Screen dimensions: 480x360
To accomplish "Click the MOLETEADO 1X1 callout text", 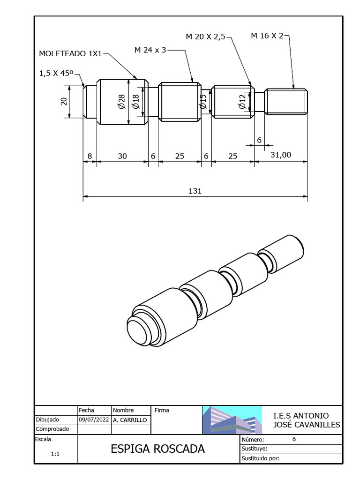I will click(x=70, y=54).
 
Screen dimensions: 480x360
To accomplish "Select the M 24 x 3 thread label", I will click(x=150, y=50).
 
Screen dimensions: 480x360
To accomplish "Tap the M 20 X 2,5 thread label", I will click(x=205, y=37).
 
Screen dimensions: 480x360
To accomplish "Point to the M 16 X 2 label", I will click(x=267, y=36).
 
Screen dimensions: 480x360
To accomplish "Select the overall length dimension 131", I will click(x=195, y=191).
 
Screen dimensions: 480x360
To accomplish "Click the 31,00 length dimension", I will click(x=280, y=156).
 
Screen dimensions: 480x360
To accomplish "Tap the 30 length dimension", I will click(x=122, y=157).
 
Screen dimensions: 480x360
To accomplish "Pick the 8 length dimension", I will click(x=90, y=157).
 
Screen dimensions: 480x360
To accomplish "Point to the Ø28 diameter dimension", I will click(x=122, y=101).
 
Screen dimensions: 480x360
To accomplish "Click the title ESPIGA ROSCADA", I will click(x=157, y=449).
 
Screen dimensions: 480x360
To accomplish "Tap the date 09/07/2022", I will click(x=94, y=420).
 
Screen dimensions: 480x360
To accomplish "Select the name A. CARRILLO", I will click(x=130, y=420).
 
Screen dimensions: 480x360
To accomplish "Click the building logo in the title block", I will click(x=232, y=420).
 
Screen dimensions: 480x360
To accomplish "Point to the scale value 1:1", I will click(x=55, y=454).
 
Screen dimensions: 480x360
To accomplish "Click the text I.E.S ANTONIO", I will click(x=300, y=416).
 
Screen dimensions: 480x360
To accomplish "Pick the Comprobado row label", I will click(x=52, y=429).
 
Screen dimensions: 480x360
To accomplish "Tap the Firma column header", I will click(x=162, y=410).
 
